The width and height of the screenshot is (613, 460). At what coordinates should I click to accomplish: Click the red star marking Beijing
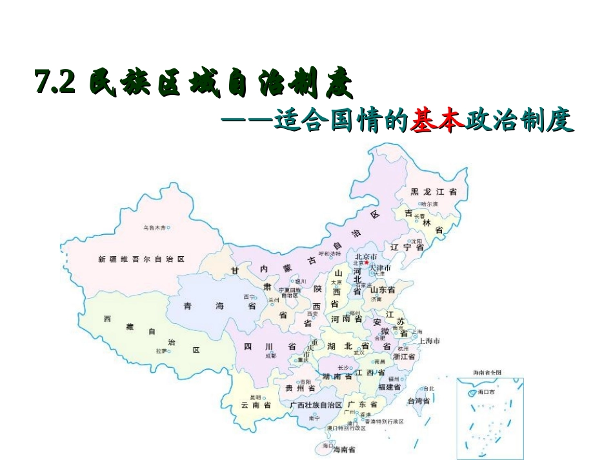point(367,262)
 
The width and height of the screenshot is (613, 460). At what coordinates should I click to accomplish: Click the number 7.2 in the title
point(55,82)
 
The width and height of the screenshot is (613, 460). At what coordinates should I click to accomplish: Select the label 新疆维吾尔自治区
point(141,259)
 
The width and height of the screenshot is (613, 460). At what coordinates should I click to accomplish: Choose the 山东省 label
point(383,290)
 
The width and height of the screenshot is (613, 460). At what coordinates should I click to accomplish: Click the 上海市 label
point(429,340)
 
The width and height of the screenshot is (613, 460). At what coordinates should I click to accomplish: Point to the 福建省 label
point(390,387)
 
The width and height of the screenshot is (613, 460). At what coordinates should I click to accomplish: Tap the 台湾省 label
point(418,401)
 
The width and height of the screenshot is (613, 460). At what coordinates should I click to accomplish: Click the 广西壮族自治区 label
point(316,405)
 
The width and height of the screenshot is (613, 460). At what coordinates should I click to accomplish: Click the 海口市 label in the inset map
point(485,392)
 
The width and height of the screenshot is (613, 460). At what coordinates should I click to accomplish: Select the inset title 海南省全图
point(487,372)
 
